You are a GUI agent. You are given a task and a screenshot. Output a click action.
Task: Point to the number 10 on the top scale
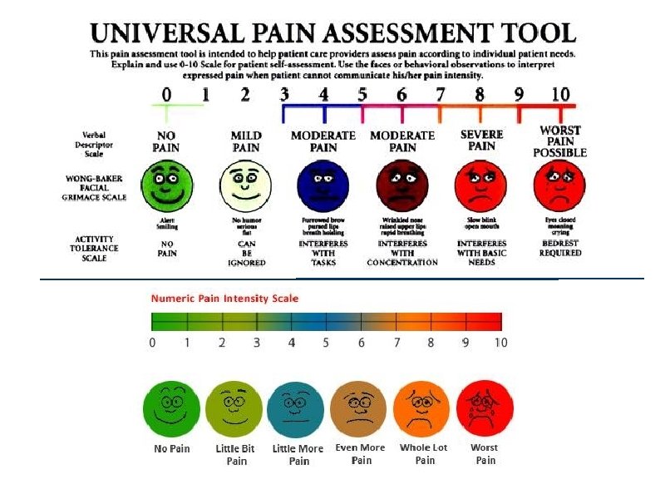[559, 95]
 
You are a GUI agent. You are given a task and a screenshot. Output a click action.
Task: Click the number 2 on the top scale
[245, 95]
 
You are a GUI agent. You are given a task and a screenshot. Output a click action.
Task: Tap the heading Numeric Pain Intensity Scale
[224, 298]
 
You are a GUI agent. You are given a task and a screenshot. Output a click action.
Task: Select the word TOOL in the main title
[534, 34]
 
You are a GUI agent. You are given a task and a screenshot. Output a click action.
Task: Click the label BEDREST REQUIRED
[560, 247]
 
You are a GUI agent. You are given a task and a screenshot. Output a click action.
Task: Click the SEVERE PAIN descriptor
[481, 140]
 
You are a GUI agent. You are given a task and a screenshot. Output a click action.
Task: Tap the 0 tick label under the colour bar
[152, 342]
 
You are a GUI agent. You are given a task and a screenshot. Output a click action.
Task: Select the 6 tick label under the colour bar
[362, 342]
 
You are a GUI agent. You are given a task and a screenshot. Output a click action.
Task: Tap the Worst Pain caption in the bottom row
[485, 453]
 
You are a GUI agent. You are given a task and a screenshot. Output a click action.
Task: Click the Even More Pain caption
[361, 453]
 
